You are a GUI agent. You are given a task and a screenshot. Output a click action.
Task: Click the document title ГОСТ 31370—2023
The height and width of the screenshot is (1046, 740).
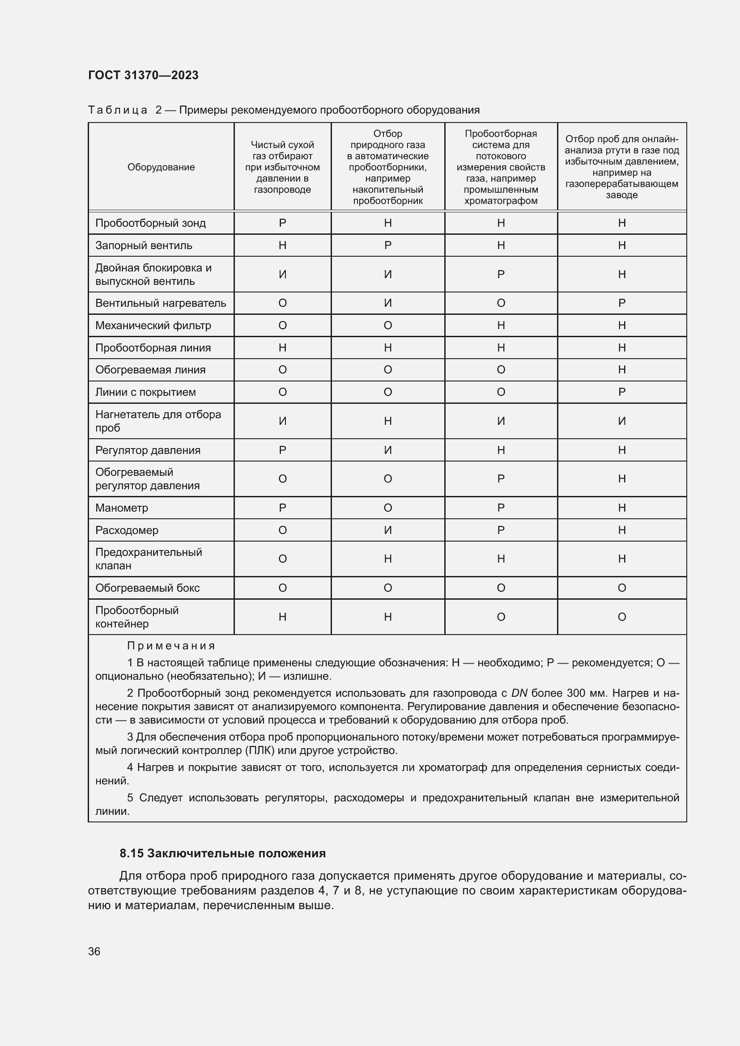pyautogui.click(x=143, y=75)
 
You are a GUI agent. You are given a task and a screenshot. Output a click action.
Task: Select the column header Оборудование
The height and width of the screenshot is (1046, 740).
pyautogui.click(x=161, y=167)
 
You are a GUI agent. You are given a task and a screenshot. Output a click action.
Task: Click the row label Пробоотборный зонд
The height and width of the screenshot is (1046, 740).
pyautogui.click(x=150, y=223)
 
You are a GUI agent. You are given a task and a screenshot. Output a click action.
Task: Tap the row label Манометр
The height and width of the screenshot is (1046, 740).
pyautogui.click(x=122, y=508)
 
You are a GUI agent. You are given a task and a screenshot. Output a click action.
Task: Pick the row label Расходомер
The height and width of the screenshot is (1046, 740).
pyautogui.click(x=127, y=530)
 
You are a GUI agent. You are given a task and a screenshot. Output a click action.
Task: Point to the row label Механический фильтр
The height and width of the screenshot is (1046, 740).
pyautogui.click(x=153, y=326)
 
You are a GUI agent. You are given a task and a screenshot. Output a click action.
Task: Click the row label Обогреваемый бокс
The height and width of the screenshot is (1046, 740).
pyautogui.click(x=147, y=588)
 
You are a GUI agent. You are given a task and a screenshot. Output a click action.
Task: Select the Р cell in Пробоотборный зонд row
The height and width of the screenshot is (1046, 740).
pyautogui.click(x=282, y=223)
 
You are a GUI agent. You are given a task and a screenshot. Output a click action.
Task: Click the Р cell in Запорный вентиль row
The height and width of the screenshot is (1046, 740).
pyautogui.click(x=388, y=246)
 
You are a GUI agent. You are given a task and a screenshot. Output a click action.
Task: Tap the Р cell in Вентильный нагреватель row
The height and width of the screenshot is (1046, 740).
pyautogui.click(x=621, y=303)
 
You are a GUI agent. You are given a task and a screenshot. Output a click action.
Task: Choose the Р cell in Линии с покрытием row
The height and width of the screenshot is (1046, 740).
pyautogui.click(x=621, y=392)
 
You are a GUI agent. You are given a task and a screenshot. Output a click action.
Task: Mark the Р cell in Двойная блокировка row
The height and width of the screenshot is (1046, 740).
pyautogui.click(x=501, y=274)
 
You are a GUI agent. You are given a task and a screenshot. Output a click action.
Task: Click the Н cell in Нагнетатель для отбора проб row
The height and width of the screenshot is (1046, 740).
pyautogui.click(x=388, y=421)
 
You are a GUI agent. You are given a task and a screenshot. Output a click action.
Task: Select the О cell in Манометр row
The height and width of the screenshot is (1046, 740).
pyautogui.click(x=388, y=508)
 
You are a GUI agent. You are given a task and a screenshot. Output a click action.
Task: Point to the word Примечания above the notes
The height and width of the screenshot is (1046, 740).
pyautogui.click(x=171, y=646)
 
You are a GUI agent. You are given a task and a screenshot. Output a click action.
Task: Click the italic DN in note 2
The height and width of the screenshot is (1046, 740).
pyautogui.click(x=519, y=694)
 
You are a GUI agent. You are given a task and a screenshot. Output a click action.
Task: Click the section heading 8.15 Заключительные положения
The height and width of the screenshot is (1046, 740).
pyautogui.click(x=222, y=853)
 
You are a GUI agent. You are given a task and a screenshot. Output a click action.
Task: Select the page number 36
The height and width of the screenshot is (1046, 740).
pyautogui.click(x=94, y=952)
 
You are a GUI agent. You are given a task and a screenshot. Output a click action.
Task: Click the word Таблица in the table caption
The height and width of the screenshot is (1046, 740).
pyautogui.click(x=118, y=110)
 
